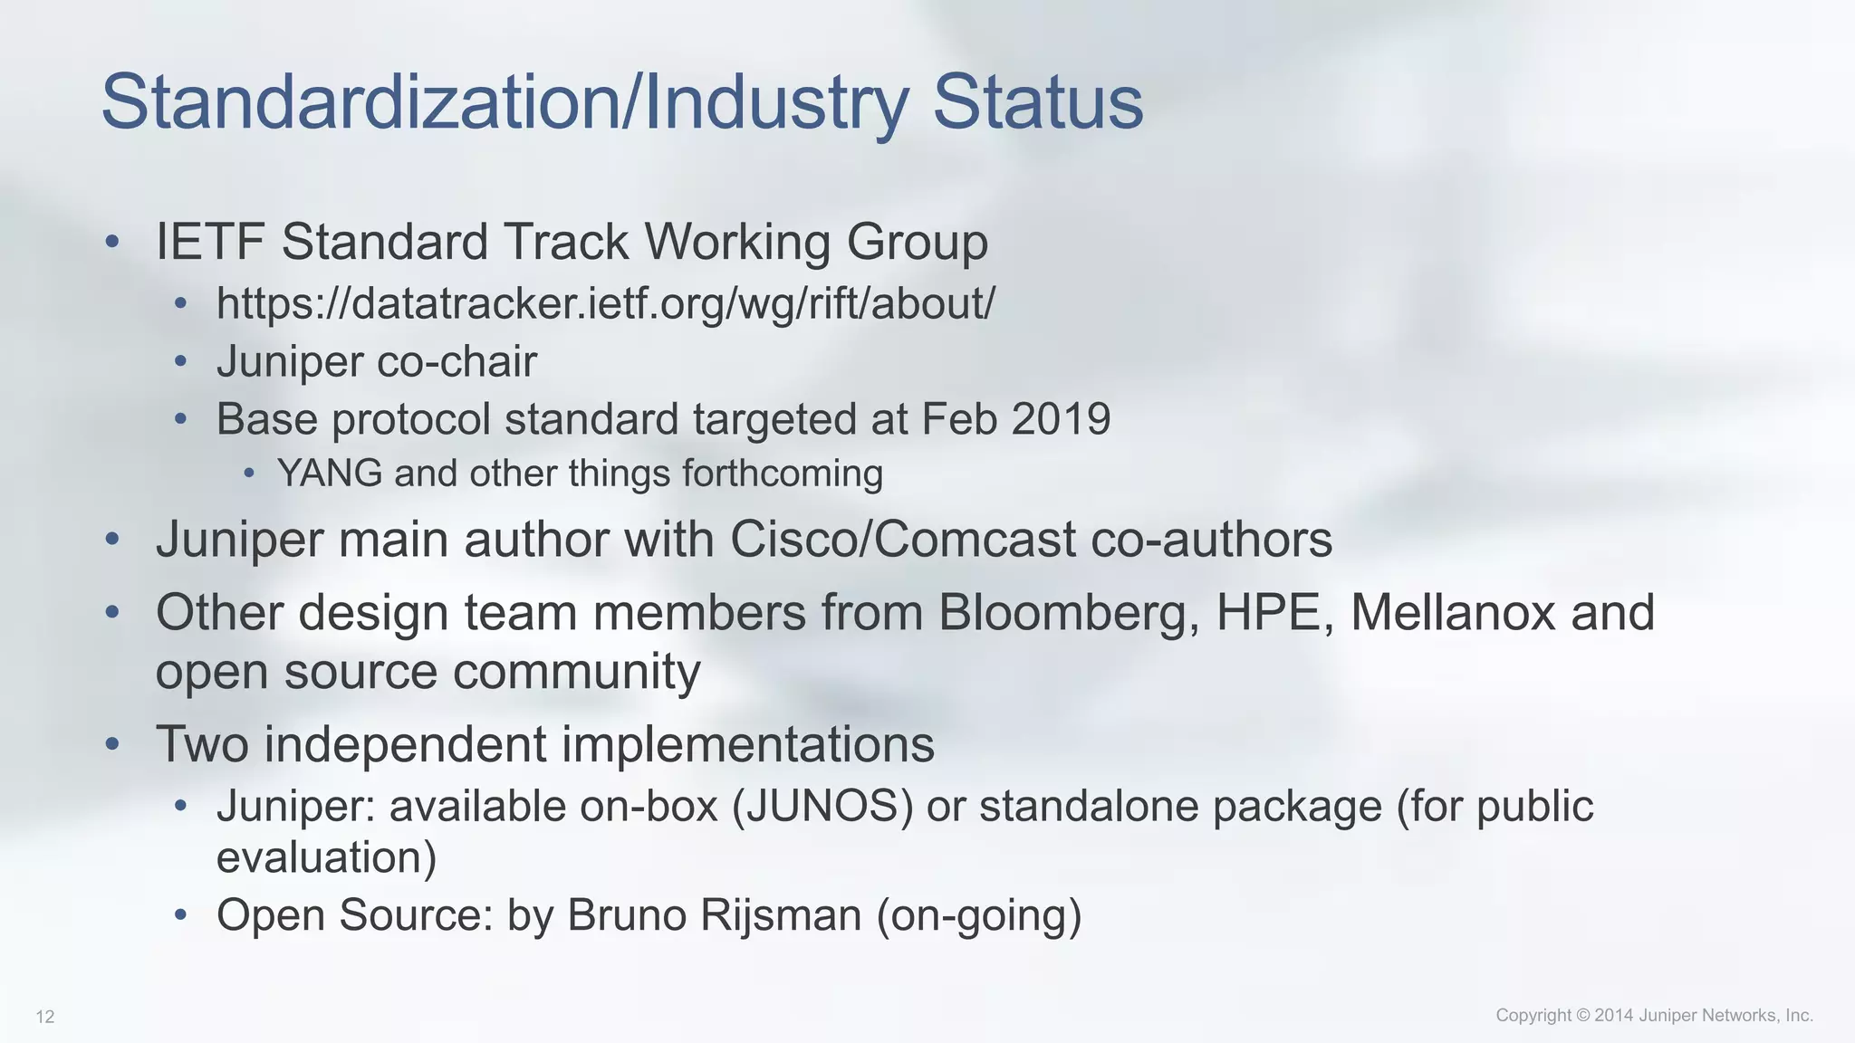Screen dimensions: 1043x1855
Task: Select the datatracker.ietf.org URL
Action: (605, 303)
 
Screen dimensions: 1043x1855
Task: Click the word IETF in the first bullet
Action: (209, 243)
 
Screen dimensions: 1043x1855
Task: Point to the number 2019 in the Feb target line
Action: (1061, 419)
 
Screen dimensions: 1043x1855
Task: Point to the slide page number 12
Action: (45, 1017)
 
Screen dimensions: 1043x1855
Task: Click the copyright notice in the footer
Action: (1654, 1015)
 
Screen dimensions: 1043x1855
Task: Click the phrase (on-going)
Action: (979, 915)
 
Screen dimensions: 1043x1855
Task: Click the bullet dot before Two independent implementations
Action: (112, 744)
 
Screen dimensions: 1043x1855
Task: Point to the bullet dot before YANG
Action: (249, 474)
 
